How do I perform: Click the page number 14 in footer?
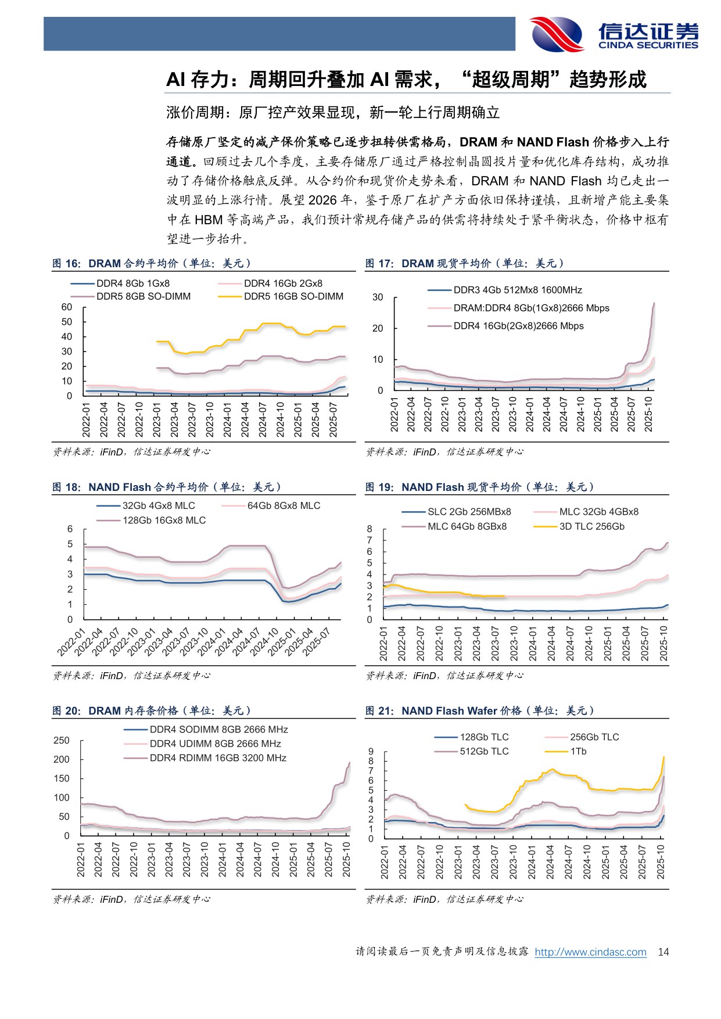[x=663, y=952]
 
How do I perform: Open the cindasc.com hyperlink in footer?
[x=590, y=952]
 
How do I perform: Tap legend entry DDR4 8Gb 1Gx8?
[x=133, y=284]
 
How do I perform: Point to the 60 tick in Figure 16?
[x=67, y=307]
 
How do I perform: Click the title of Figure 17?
[x=465, y=263]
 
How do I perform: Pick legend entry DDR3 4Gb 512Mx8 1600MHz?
[x=518, y=290]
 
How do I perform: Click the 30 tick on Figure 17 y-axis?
[x=378, y=297]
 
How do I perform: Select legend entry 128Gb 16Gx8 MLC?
[x=164, y=520]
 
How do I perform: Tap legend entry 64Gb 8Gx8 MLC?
[x=284, y=505]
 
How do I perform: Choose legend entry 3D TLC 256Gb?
[x=591, y=526]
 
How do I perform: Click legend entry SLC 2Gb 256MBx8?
[x=469, y=512]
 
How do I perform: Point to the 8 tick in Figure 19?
[x=370, y=529]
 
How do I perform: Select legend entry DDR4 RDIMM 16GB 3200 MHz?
[x=218, y=758]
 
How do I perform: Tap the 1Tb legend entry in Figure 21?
[x=578, y=751]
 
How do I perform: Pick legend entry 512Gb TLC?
[x=484, y=751]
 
